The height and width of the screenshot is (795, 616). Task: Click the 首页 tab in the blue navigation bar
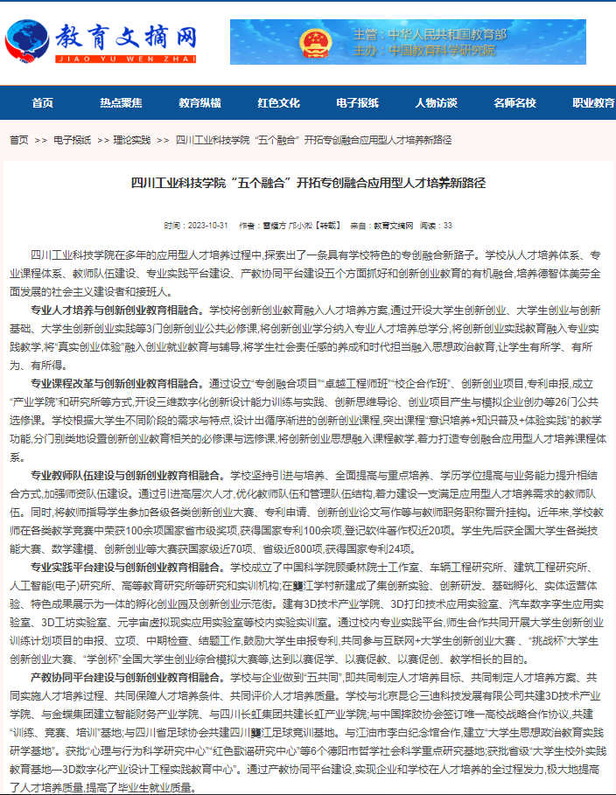tap(42, 103)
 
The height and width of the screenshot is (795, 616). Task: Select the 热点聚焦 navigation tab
tap(121, 103)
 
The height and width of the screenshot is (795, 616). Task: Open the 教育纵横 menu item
tap(199, 103)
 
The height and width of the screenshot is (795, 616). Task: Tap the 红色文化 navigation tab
tap(278, 103)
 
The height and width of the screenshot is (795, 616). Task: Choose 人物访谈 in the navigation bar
tap(436, 103)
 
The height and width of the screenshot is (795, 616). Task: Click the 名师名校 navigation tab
tap(514, 103)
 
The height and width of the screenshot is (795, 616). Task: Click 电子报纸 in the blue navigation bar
tap(357, 103)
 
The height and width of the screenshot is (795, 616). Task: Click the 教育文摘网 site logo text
tap(126, 37)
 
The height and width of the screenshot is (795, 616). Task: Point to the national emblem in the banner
tap(315, 42)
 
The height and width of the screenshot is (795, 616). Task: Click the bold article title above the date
tap(307, 184)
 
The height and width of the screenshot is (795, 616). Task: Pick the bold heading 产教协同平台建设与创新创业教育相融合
tap(122, 677)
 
